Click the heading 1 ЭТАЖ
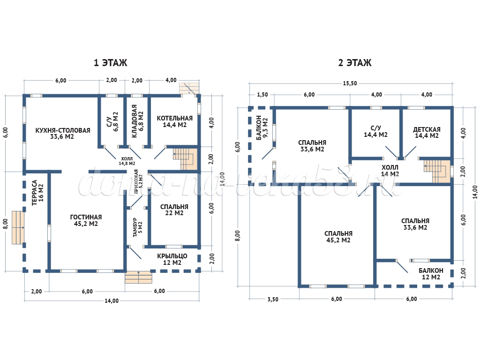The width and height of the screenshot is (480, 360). click(110, 63)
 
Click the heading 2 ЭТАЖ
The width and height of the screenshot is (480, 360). click(355, 63)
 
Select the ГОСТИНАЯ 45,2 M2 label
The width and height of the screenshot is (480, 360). click(86, 220)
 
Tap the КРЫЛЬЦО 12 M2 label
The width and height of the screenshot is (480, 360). click(172, 259)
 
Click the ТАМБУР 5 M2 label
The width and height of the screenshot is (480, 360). click(137, 227)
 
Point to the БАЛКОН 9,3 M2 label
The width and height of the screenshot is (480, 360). click(262, 127)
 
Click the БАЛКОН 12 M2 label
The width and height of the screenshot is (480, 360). click(431, 274)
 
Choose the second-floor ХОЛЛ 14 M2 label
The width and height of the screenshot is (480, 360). click(390, 171)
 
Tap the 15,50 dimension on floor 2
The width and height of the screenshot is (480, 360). click(350, 83)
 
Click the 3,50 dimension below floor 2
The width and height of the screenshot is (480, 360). click(273, 300)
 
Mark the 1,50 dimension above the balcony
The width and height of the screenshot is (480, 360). click(262, 95)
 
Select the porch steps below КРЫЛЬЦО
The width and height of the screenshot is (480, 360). click(138, 277)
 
